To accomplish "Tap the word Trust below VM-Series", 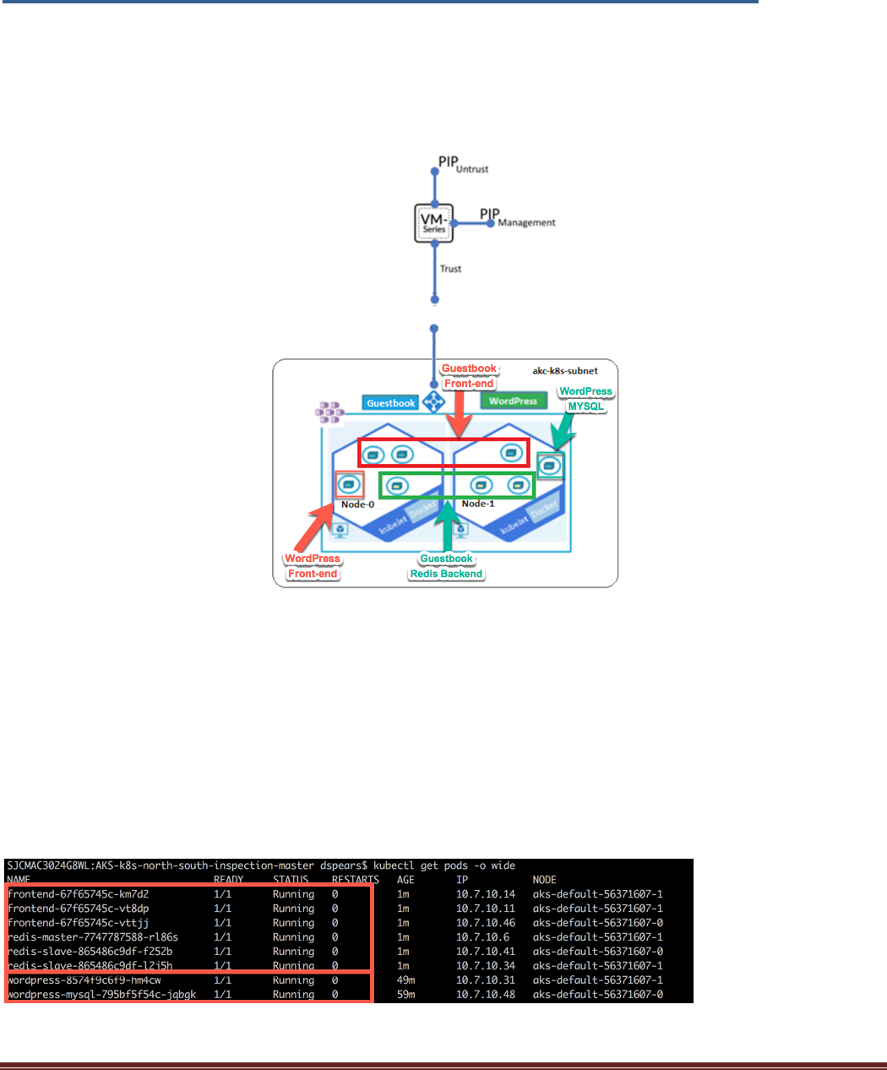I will (x=450, y=269).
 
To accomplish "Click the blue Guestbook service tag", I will (x=390, y=403).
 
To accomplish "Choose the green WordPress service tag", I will (x=513, y=401).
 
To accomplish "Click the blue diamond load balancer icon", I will (x=434, y=401).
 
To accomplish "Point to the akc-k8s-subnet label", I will (x=564, y=370).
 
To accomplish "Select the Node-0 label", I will (x=357, y=505).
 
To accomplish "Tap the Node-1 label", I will (x=477, y=504).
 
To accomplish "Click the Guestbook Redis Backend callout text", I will (x=446, y=566).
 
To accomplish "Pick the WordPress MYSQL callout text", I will (x=585, y=399).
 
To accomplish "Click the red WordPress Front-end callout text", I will (x=313, y=566).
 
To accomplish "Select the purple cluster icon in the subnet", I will (x=329, y=412).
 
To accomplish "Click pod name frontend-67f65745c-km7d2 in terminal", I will (x=79, y=894).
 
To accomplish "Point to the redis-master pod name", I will (x=93, y=937).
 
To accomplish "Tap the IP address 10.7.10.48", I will (x=485, y=995).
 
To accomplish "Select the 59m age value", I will (x=406, y=995).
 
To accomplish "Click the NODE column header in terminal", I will (x=544, y=880).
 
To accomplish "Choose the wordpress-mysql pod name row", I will (x=102, y=995).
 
